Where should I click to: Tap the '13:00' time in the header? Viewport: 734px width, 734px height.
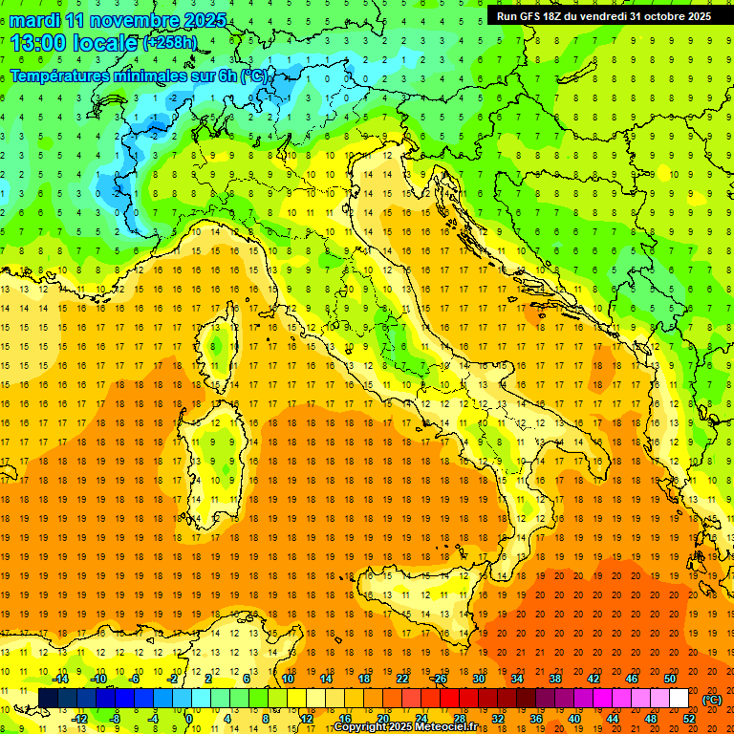tap(37, 43)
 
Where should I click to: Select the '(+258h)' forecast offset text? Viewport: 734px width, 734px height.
tap(169, 43)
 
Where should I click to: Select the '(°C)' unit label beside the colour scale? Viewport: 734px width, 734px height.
tap(712, 700)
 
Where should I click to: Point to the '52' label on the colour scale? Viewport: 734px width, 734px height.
tap(689, 719)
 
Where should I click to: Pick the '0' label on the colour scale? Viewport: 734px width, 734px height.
tap(189, 719)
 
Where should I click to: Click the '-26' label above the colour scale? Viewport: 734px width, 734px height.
tap(440, 678)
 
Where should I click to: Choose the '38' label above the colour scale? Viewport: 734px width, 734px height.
tap(554, 678)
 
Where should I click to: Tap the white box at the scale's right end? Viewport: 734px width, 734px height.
tap(680, 698)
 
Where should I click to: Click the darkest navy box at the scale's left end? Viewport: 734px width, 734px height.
tap(48, 698)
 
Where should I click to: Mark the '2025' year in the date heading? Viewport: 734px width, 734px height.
tap(205, 20)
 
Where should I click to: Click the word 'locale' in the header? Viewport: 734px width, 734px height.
tap(104, 43)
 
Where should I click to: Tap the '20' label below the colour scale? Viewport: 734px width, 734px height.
tap(382, 719)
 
